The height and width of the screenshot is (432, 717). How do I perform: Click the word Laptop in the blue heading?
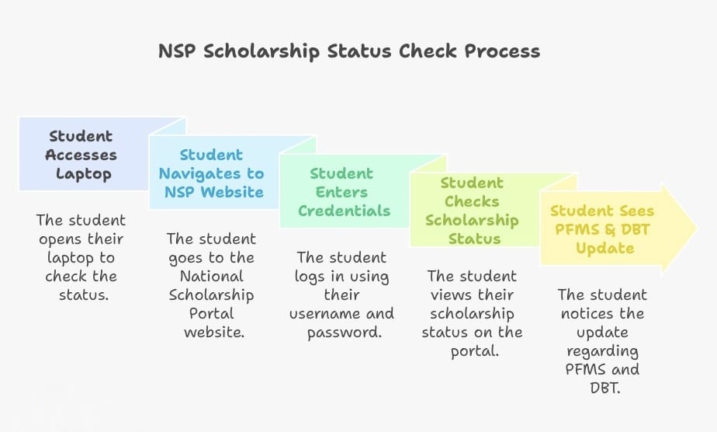click(82, 173)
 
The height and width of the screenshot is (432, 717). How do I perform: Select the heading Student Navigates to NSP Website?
click(211, 173)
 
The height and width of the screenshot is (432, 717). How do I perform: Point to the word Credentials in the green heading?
click(345, 211)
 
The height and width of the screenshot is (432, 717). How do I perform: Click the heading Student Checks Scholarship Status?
click(471, 211)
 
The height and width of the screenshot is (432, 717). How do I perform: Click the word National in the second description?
click(211, 276)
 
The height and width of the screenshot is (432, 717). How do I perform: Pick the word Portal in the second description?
click(211, 313)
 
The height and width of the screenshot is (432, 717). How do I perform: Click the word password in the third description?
click(341, 332)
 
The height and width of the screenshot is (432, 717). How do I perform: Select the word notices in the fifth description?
click(602, 313)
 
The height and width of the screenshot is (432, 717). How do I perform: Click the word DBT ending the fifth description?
click(602, 388)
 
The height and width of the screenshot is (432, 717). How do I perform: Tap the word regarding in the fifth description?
click(602, 350)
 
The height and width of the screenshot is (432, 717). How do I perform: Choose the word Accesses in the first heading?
click(81, 155)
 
